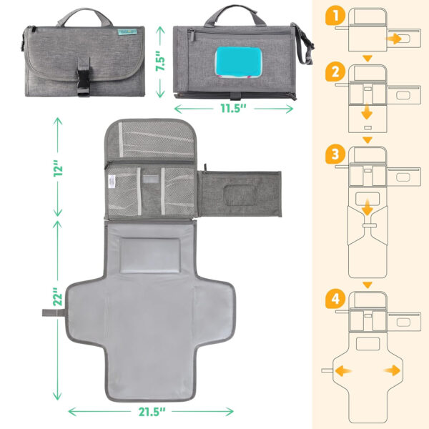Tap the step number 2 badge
pyautogui.click(x=334, y=71)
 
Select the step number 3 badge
pyautogui.click(x=334, y=154)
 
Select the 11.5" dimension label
pyautogui.click(x=232, y=109)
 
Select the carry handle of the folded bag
pyautogui.click(x=87, y=16)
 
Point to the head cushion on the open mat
pyautogui.click(x=148, y=255)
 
